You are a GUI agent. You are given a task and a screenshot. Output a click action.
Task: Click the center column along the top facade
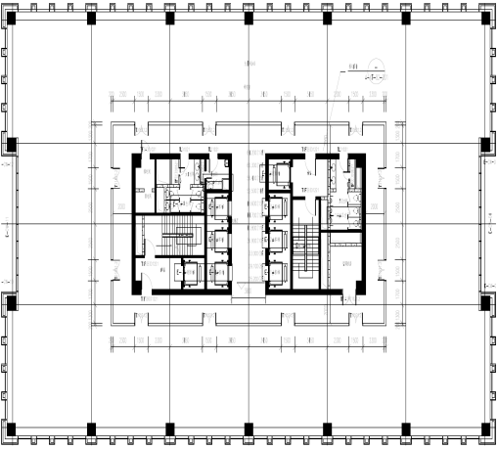tap(249, 18)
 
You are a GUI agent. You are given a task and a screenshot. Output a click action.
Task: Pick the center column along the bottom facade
tap(249, 429)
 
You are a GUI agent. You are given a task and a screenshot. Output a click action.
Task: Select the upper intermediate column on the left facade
tap(11, 145)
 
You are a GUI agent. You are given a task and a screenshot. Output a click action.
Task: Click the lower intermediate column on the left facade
tap(11, 300)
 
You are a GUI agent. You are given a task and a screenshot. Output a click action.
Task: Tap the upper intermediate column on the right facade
tap(486, 145)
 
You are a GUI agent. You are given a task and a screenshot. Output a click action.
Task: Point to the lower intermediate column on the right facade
tap(486, 300)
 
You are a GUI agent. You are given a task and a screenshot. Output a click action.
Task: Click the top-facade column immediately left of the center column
tap(169, 18)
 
